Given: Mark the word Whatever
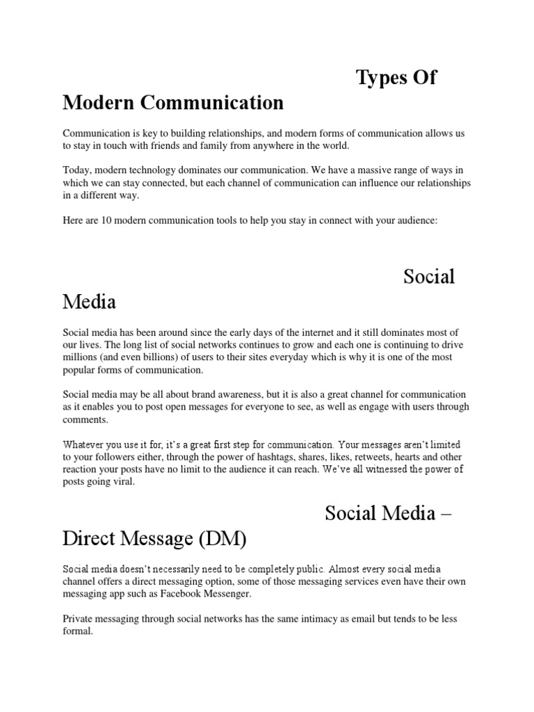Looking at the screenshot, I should (86, 444).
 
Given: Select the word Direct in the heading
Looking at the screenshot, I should (93, 539).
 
